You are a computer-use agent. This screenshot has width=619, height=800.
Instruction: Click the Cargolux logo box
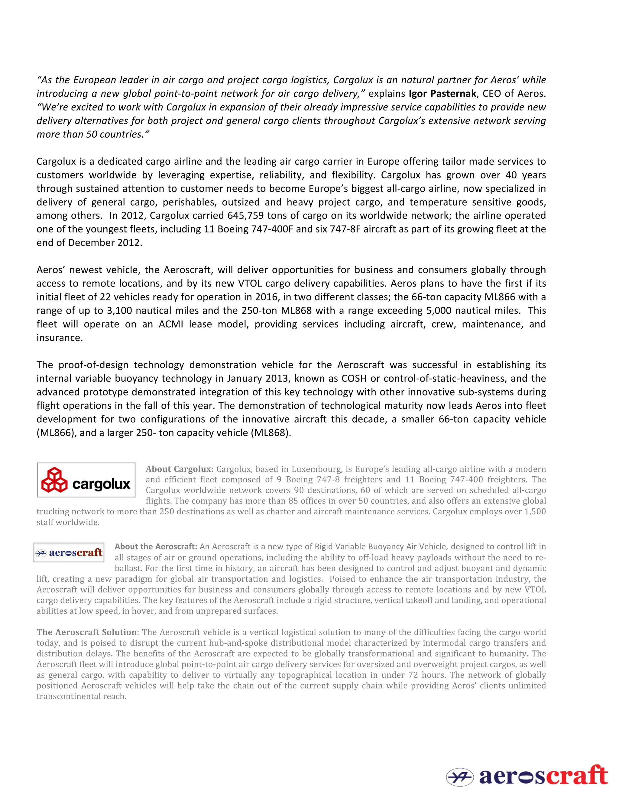(86, 480)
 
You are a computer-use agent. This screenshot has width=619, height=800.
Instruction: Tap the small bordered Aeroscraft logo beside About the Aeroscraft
(69, 552)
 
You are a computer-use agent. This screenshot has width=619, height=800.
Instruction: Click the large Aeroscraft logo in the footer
(527, 776)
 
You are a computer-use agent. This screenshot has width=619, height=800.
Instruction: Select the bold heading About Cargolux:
(179, 469)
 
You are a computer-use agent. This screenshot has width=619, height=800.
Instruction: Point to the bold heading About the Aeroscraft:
(156, 546)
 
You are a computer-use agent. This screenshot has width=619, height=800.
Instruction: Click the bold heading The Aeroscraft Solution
(86, 632)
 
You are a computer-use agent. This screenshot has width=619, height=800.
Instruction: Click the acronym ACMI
(171, 324)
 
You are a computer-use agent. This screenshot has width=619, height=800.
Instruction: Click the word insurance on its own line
(60, 338)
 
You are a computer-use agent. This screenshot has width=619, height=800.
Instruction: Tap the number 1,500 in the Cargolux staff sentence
(535, 511)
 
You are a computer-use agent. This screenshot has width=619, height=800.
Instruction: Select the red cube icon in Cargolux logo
(54, 480)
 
